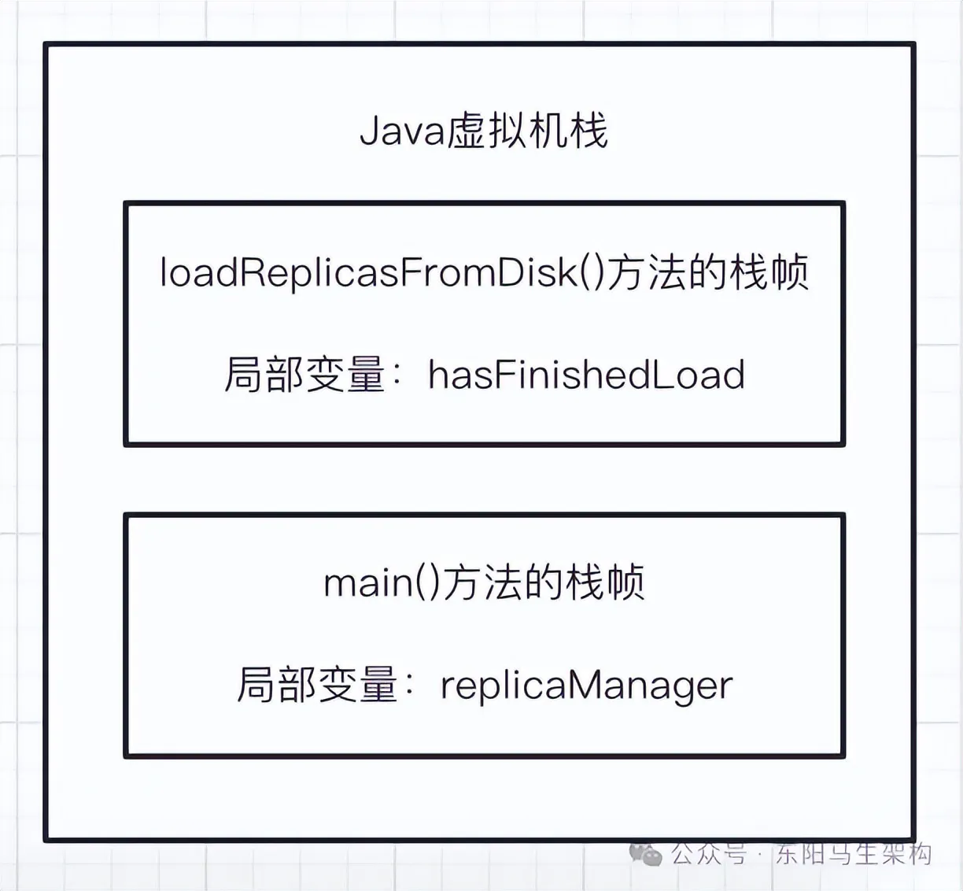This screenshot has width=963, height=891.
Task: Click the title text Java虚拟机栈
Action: pos(483,131)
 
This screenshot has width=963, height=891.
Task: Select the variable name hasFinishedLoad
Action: pos(586,375)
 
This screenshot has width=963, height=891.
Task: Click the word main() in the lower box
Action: pos(381,583)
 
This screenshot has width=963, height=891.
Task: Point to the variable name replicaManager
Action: pos(586,685)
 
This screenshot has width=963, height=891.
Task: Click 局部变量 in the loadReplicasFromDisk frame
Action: pos(304,375)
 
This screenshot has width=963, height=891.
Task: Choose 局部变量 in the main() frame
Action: pos(316,685)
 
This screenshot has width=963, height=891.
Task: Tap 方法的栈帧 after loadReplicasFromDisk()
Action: pos(707,272)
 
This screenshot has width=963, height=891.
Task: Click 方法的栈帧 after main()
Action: pos(544,583)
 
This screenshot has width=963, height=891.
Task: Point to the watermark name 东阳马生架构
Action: pos(854,853)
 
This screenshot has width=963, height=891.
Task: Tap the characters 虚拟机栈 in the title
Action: pos(527,131)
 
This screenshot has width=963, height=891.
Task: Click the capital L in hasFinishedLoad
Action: pos(660,375)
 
